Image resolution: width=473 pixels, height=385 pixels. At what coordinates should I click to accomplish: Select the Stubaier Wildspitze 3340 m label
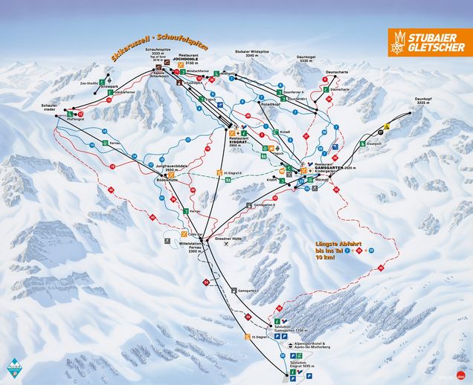[251, 54]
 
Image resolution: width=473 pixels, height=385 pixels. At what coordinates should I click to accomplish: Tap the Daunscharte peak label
[337, 72]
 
